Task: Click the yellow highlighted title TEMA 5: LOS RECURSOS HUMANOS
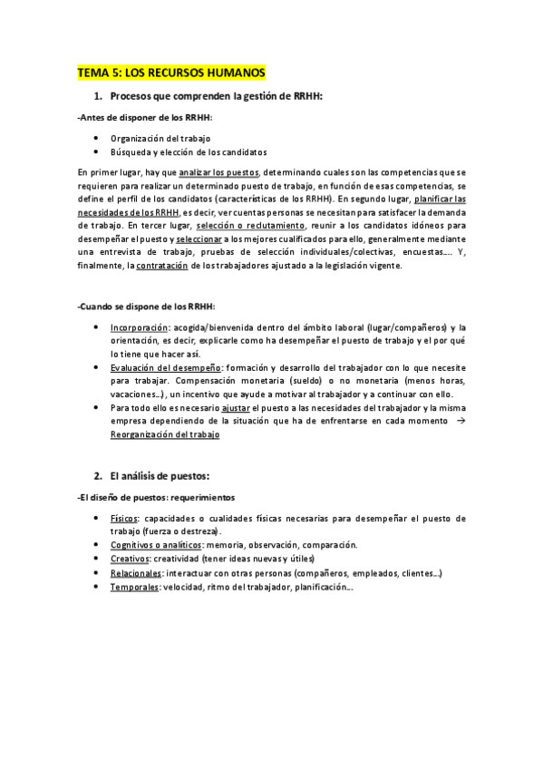[170, 73]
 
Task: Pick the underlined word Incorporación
[139, 327]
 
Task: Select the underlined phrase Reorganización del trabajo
[164, 435]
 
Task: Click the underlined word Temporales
[134, 587]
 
